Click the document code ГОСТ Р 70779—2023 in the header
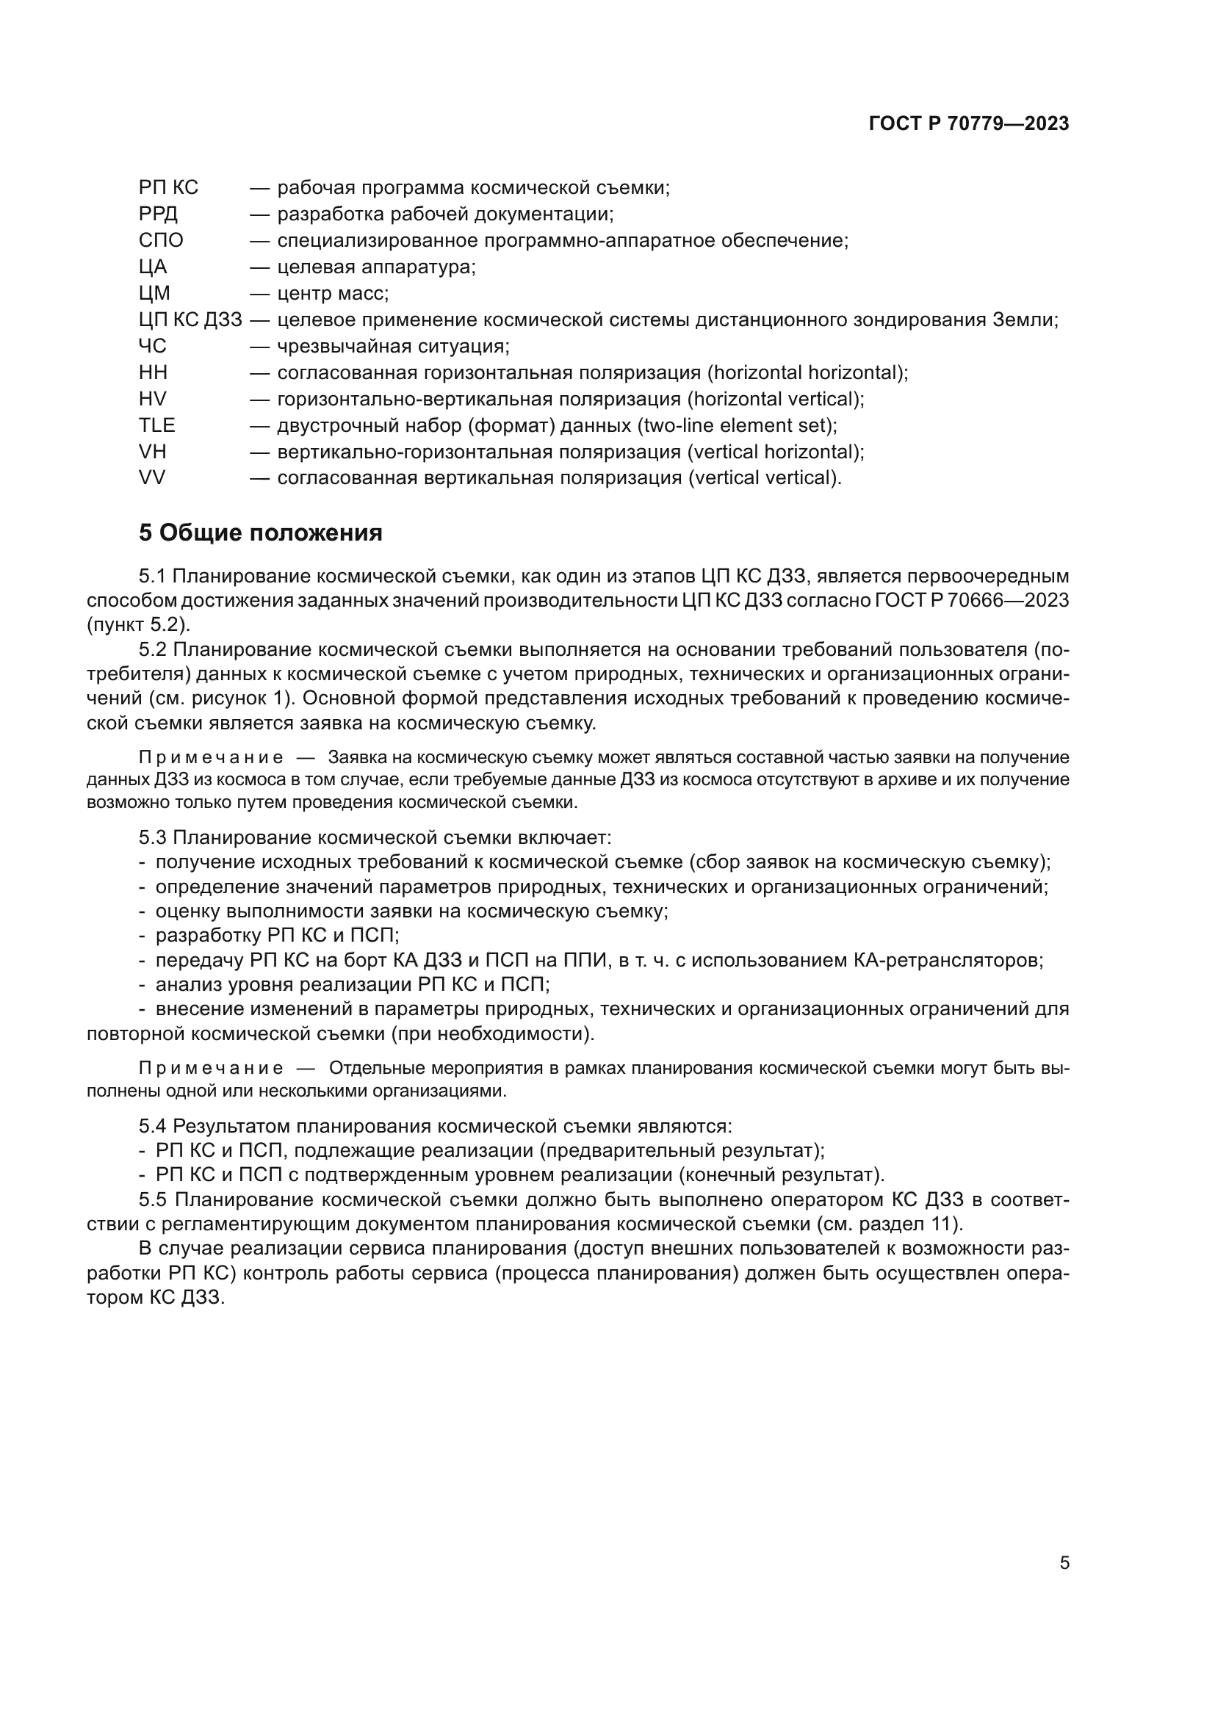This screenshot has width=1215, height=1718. point(969,124)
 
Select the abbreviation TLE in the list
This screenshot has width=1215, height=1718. point(156,426)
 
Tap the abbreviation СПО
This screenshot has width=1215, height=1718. point(161,241)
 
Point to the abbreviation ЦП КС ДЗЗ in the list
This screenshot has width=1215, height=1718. point(190,320)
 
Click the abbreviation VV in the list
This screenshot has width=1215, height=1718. point(152,478)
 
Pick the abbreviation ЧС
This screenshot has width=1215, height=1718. point(153,347)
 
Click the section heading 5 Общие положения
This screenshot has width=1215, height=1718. point(260,533)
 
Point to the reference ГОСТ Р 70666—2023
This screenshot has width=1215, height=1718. point(971,601)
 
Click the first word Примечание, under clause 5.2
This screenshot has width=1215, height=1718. point(211,757)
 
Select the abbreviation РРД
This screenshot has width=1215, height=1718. point(158,214)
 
